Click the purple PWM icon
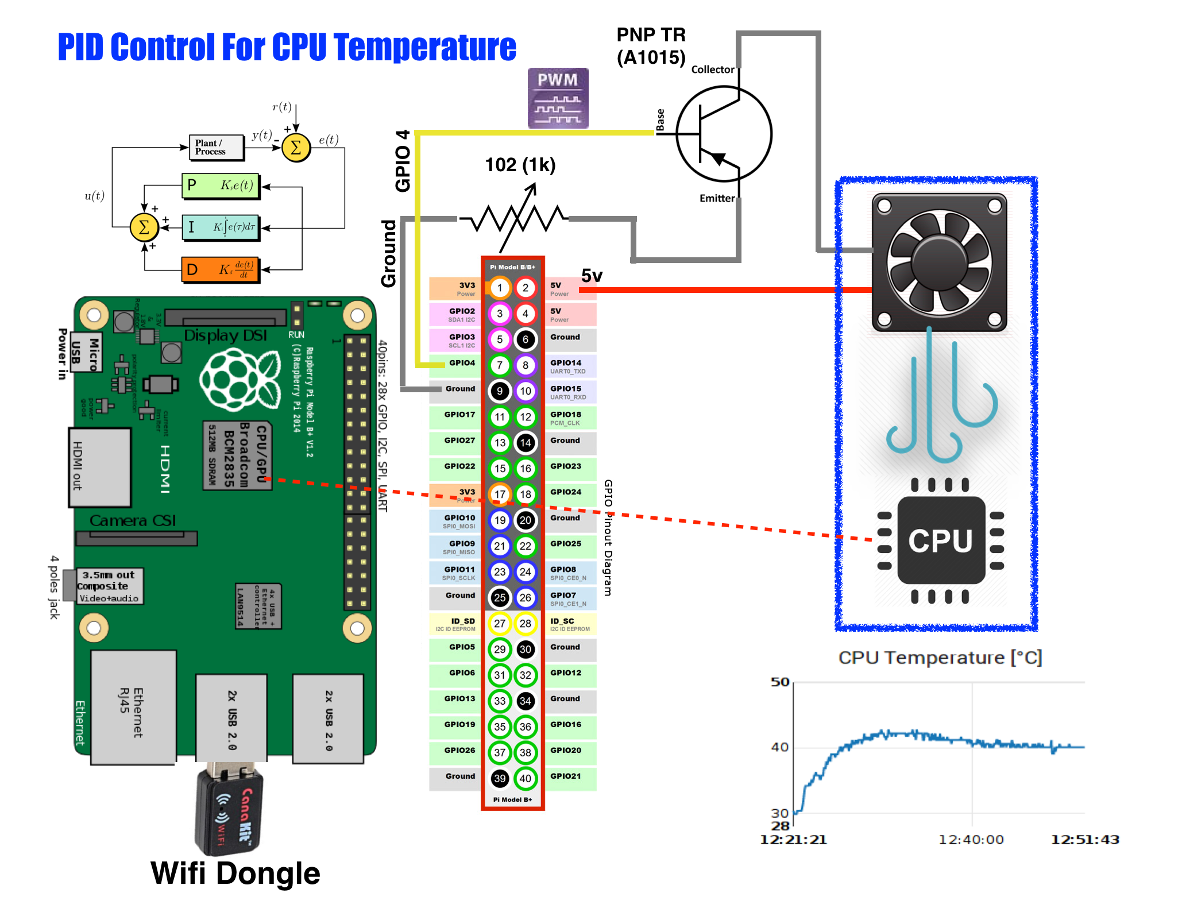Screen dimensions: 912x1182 click(x=558, y=98)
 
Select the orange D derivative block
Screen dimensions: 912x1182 click(x=221, y=269)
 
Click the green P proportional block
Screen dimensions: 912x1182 click(x=221, y=186)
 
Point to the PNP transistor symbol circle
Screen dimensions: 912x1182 click(x=724, y=134)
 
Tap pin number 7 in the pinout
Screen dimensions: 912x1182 click(x=500, y=365)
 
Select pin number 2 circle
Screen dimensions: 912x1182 click(x=525, y=288)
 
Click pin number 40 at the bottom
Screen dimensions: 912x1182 click(x=525, y=779)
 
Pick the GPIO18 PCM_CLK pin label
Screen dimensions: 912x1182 click(x=566, y=418)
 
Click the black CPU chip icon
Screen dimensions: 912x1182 click(x=941, y=540)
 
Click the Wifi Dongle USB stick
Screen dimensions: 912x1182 click(x=229, y=810)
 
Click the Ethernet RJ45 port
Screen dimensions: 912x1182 click(x=133, y=708)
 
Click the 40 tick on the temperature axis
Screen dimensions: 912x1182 click(x=779, y=747)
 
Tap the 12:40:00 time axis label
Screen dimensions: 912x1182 click(x=971, y=840)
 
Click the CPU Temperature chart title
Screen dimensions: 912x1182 click(x=940, y=658)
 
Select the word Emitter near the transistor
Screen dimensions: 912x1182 click(x=717, y=198)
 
